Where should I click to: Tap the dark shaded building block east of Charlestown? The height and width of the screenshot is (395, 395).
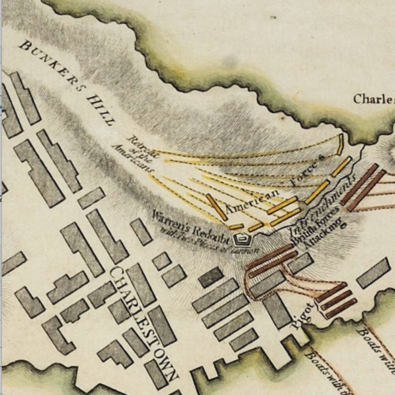(211, 277)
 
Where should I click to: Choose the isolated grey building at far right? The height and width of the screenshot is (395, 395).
(373, 273)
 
